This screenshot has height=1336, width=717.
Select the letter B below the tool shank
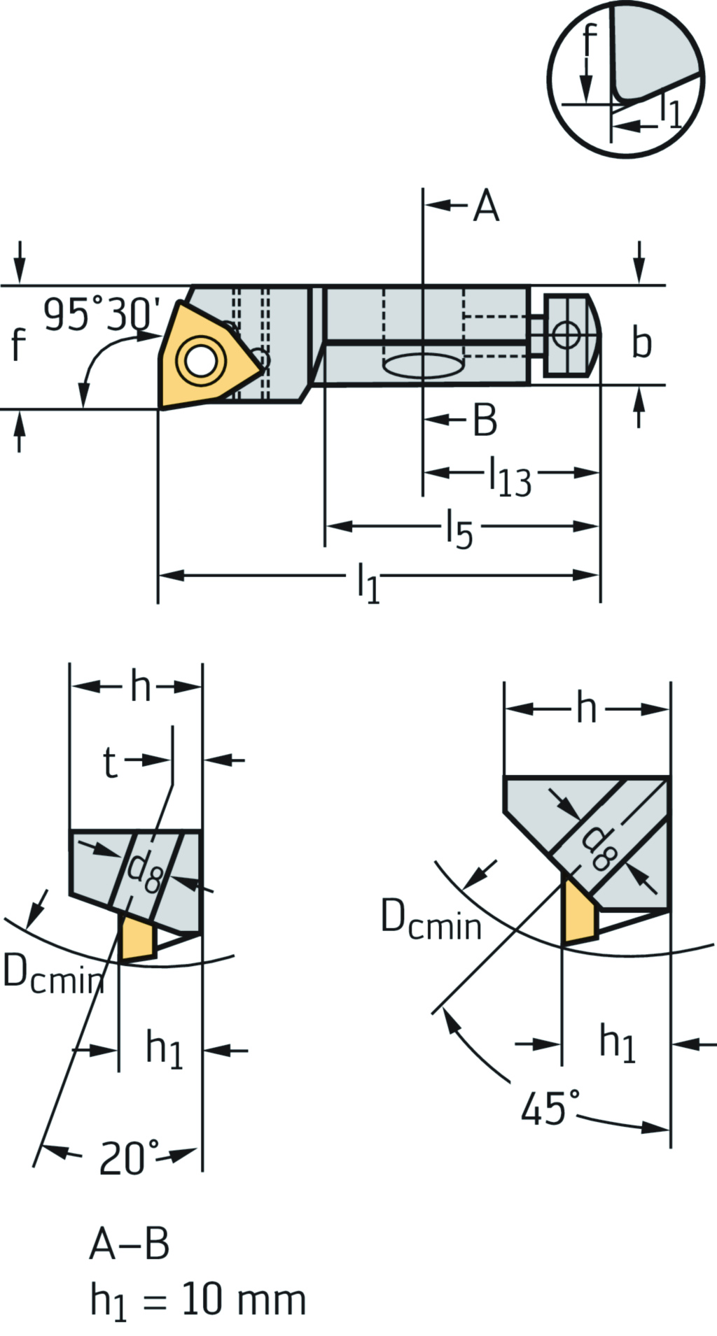coord(485,420)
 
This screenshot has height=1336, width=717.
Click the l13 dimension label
coord(510,478)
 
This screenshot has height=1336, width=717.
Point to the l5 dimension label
coord(460,529)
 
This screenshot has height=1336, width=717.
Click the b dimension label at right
coord(641,342)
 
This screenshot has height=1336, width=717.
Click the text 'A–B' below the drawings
coord(130,1244)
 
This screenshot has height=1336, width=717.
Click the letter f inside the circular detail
coord(590,42)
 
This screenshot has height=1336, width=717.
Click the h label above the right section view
coord(587,709)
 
